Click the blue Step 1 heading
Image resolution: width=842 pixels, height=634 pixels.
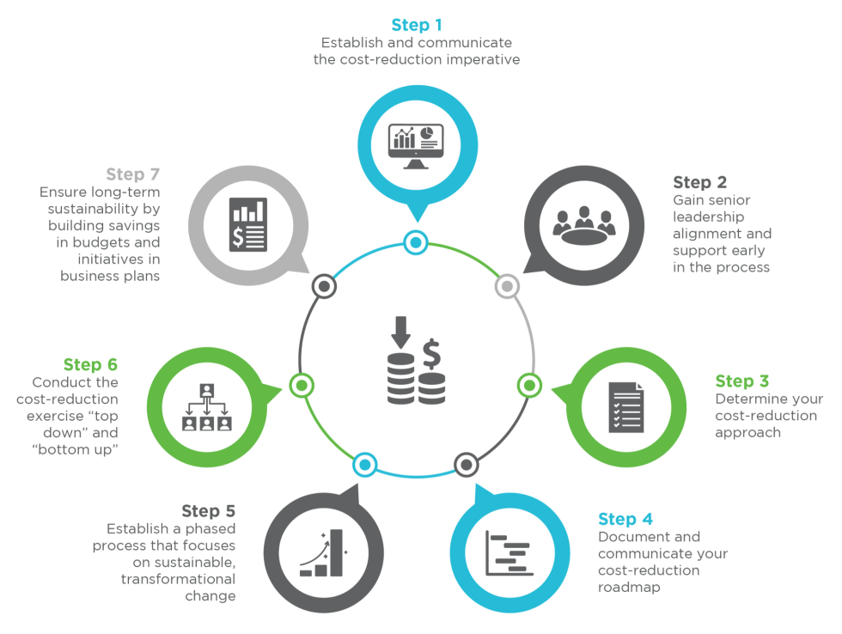coord(417,24)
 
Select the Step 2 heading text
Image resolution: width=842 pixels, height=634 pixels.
coord(699,182)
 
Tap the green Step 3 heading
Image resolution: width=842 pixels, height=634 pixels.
coord(742,381)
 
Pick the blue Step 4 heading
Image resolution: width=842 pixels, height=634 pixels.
coord(625,519)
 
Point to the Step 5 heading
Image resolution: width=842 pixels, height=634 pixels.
coord(208,511)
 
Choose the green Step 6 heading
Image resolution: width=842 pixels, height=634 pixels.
coord(90,364)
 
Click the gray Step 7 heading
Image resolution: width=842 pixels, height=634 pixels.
coord(133,174)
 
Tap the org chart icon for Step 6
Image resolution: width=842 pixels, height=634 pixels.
coord(206,406)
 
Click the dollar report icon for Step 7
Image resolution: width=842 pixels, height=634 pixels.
coord(248,223)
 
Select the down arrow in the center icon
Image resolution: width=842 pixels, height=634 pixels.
coord(400,330)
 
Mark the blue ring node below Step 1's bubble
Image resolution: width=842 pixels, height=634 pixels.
coord(416,243)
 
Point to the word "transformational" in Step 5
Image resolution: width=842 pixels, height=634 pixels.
coord(178,579)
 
